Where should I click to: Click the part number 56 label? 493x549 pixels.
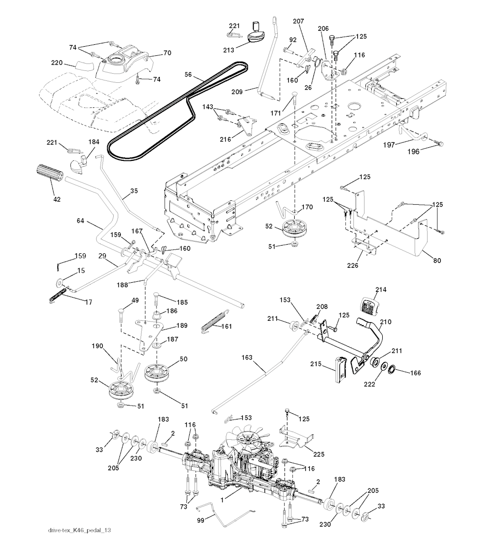(188, 76)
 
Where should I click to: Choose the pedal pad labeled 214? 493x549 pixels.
(369, 307)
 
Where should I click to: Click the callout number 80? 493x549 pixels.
(436, 261)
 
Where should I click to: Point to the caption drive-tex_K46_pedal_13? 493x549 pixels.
(80, 530)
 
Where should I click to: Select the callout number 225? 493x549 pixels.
(319, 454)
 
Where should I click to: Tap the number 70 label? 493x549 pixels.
(167, 53)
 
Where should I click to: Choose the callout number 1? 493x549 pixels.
(222, 500)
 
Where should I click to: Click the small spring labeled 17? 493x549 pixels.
(57, 295)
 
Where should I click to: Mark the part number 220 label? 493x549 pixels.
(57, 63)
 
